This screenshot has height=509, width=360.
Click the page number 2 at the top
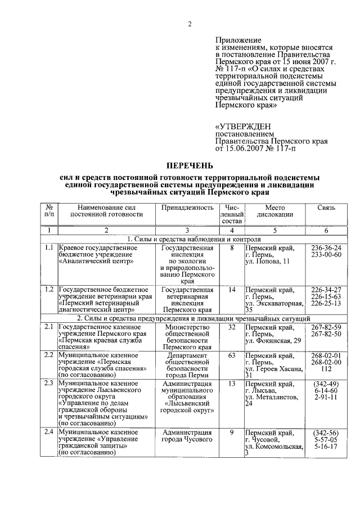190,24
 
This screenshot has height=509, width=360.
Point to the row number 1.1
49,247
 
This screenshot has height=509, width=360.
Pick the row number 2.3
49,384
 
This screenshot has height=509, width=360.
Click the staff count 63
231,355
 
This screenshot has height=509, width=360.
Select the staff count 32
231,327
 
